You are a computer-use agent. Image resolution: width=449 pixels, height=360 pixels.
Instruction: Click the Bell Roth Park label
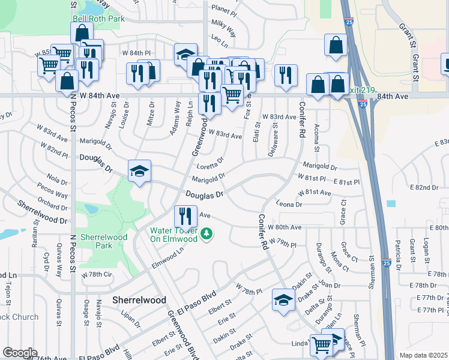pos(98,19)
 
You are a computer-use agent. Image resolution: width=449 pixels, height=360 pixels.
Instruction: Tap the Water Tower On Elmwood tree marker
pos(206,233)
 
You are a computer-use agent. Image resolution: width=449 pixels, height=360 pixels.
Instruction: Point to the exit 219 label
pos(361,91)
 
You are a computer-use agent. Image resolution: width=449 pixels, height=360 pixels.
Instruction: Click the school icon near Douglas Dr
pos(139,171)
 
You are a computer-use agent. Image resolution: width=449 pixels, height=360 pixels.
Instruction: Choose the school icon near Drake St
pos(283,299)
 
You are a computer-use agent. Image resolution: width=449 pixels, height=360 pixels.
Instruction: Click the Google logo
pos(20,353)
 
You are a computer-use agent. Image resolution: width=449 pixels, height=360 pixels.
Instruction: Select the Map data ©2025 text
pos(424,355)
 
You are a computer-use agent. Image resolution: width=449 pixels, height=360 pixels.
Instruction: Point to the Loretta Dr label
pos(211,163)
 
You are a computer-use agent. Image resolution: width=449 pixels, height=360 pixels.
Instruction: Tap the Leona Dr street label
pos(290,205)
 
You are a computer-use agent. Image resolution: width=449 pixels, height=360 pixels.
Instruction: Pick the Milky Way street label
pos(223,24)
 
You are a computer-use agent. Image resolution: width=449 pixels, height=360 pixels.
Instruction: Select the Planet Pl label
pos(225,10)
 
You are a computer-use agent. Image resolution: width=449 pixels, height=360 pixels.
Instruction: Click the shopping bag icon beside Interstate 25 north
pos(336,44)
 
